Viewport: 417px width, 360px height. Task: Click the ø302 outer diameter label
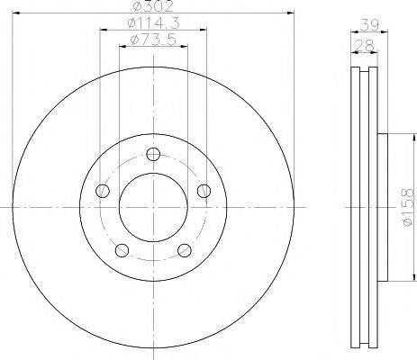(153, 6)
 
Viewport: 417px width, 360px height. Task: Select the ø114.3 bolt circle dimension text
(153, 23)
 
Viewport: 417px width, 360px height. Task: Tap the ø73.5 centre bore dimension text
(153, 40)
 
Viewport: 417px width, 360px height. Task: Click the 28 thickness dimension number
(364, 46)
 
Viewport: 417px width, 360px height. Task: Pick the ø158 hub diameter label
(409, 207)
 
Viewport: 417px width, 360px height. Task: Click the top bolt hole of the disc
(153, 155)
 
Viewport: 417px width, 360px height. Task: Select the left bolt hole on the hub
(103, 191)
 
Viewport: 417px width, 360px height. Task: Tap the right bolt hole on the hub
(204, 191)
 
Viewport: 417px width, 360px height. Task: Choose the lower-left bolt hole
(122, 250)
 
